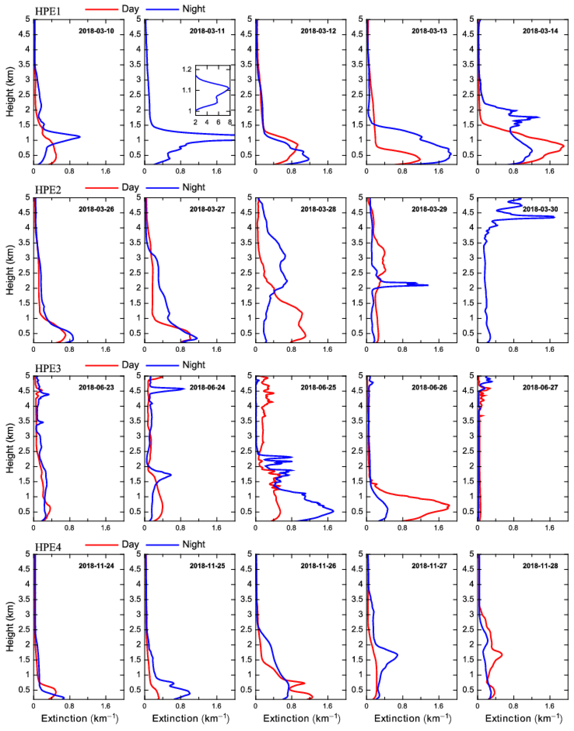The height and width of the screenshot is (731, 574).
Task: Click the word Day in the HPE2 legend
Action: [x=130, y=187]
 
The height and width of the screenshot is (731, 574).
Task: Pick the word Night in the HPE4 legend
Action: [x=194, y=544]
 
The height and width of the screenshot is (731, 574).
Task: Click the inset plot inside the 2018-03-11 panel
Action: [x=213, y=90]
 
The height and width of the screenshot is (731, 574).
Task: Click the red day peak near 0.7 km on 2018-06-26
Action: [x=449, y=505]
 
